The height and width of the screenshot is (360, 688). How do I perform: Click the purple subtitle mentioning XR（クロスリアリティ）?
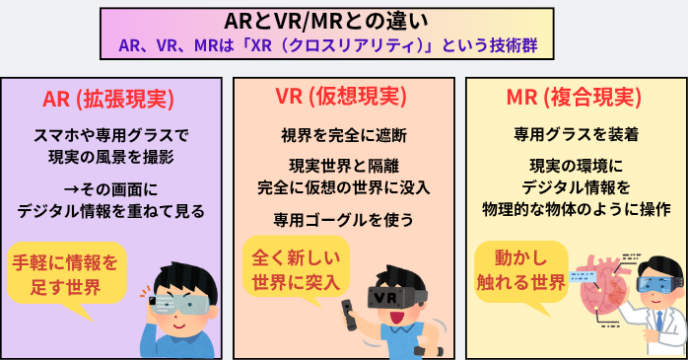(344, 45)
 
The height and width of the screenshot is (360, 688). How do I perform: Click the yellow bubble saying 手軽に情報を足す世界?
(64, 273)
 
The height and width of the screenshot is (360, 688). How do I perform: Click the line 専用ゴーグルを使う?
(344, 219)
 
